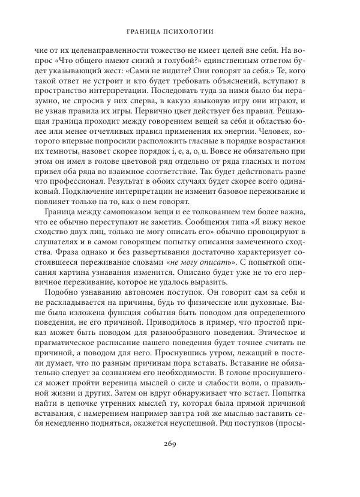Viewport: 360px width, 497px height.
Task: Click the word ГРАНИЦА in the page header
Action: [149, 31]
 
